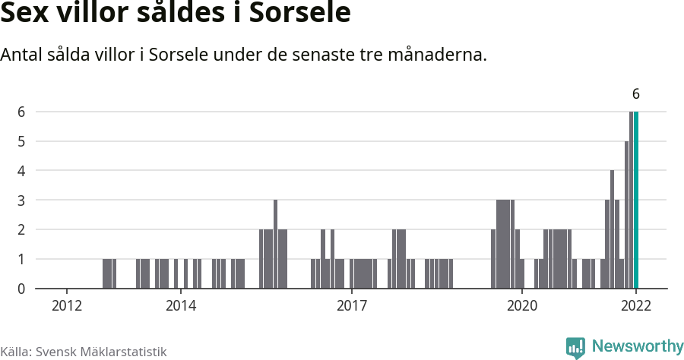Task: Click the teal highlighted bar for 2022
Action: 636,200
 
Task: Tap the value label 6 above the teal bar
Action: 636,94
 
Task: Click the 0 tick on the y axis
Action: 22,289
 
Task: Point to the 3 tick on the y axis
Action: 22,201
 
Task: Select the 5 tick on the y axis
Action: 22,141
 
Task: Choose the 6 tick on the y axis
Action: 22,112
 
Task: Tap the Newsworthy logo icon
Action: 575,347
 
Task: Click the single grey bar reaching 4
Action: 612,229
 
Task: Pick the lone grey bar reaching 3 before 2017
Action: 275,244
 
